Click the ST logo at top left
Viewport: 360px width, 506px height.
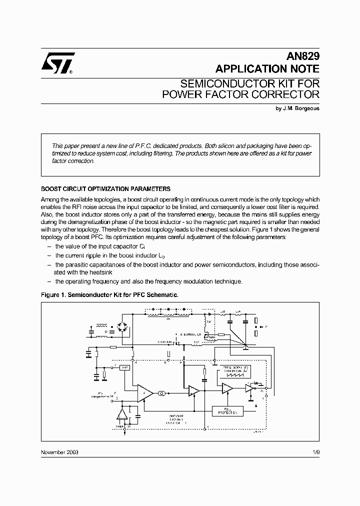tap(58, 63)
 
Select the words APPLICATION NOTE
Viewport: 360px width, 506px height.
tap(267, 69)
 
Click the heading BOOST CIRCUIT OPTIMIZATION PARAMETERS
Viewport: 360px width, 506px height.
tap(105, 189)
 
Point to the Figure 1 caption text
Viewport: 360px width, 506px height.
tap(109, 295)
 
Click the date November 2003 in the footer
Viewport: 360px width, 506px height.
tap(59, 451)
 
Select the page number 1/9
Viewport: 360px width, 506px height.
tap(315, 451)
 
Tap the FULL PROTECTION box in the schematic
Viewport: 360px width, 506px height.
tap(227, 411)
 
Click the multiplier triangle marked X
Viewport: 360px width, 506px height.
tap(145, 393)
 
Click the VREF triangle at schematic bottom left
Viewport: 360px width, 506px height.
tap(122, 414)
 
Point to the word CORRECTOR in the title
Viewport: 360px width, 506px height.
tap(282, 94)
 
